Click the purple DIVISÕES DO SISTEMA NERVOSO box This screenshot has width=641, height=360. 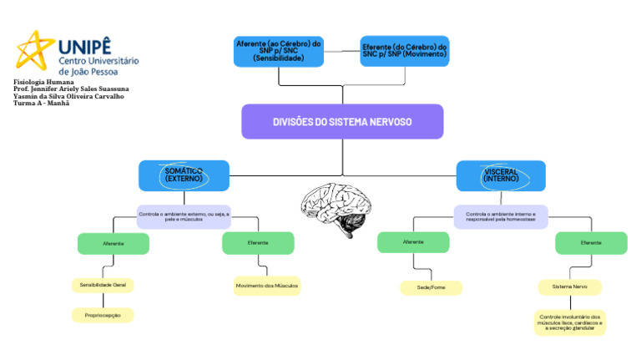pyautogui.click(x=342, y=121)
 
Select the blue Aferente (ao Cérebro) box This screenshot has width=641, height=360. pyautogui.click(x=279, y=51)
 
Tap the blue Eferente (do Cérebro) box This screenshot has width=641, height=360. pyautogui.click(x=405, y=51)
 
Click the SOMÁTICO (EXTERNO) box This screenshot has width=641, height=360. pyautogui.click(x=183, y=175)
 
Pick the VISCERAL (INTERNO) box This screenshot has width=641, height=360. pyautogui.click(x=501, y=175)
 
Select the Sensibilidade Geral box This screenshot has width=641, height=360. pyautogui.click(x=103, y=285)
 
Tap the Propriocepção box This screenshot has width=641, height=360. pyautogui.click(x=103, y=315)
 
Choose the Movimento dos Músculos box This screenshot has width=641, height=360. pyautogui.click(x=266, y=286)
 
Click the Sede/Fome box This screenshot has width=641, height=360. pyautogui.click(x=431, y=287)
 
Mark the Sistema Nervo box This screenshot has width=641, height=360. pyautogui.click(x=569, y=286)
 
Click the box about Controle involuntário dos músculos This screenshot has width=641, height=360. pyautogui.click(x=570, y=322)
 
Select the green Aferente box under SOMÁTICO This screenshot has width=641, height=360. pyautogui.click(x=114, y=243)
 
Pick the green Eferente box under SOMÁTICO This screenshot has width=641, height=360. pyautogui.click(x=258, y=242)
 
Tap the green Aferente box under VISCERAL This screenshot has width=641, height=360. pyautogui.click(x=413, y=242)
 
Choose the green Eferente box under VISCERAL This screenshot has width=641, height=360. pyautogui.click(x=591, y=243)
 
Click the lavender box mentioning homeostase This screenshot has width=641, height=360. pyautogui.click(x=501, y=216)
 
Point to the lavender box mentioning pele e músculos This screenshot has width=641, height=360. pyautogui.click(x=183, y=217)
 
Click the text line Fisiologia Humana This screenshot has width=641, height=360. pyautogui.click(x=43, y=83)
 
